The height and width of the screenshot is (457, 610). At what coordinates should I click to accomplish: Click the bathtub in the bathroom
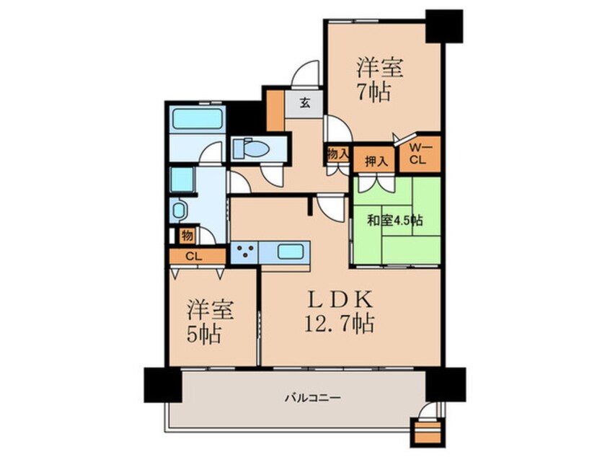click(198, 118)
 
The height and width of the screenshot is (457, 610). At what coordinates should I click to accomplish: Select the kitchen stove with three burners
click(244, 252)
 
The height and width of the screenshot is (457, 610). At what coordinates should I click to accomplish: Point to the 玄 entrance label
click(304, 103)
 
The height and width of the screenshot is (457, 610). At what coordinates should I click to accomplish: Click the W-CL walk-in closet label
click(419, 154)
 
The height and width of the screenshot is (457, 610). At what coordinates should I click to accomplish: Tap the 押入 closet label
click(376, 161)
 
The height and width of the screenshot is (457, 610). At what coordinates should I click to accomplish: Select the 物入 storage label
click(337, 154)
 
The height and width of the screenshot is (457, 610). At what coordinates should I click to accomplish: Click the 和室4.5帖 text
click(395, 221)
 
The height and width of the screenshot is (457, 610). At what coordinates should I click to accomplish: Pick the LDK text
click(340, 299)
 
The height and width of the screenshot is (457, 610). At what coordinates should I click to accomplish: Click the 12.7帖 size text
click(340, 324)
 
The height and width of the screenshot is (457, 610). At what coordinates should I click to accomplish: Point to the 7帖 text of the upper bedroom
click(373, 92)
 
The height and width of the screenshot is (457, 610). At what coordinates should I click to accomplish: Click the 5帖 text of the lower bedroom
click(205, 334)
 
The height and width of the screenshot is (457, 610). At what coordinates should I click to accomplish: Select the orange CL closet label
click(194, 257)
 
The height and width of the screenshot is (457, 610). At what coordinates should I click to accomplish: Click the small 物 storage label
click(187, 236)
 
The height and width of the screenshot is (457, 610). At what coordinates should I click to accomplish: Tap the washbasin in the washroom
click(179, 210)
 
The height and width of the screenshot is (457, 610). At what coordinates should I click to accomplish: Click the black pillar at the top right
click(444, 26)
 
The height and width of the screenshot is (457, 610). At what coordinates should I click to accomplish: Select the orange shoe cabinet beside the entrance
click(275, 110)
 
